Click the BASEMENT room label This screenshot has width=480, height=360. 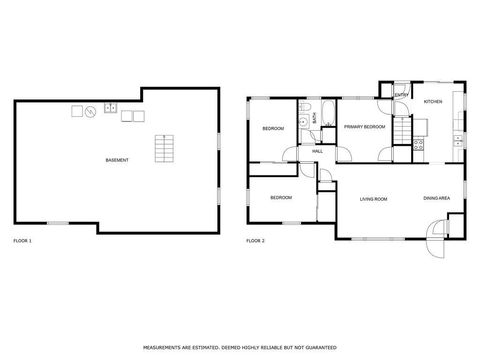coord(117,161)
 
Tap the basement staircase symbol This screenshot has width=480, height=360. coord(163,149)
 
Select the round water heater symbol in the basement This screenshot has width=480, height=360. coord(90,110)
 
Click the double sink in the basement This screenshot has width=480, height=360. coord(111,107)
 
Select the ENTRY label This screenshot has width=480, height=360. coord(401,96)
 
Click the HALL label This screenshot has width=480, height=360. coord(317,151)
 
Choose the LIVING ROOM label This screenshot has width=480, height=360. coord(373,199)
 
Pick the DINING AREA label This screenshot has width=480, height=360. coord(436,199)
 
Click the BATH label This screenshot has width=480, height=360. coord(315,118)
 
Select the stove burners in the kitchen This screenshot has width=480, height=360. coord(421,143)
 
